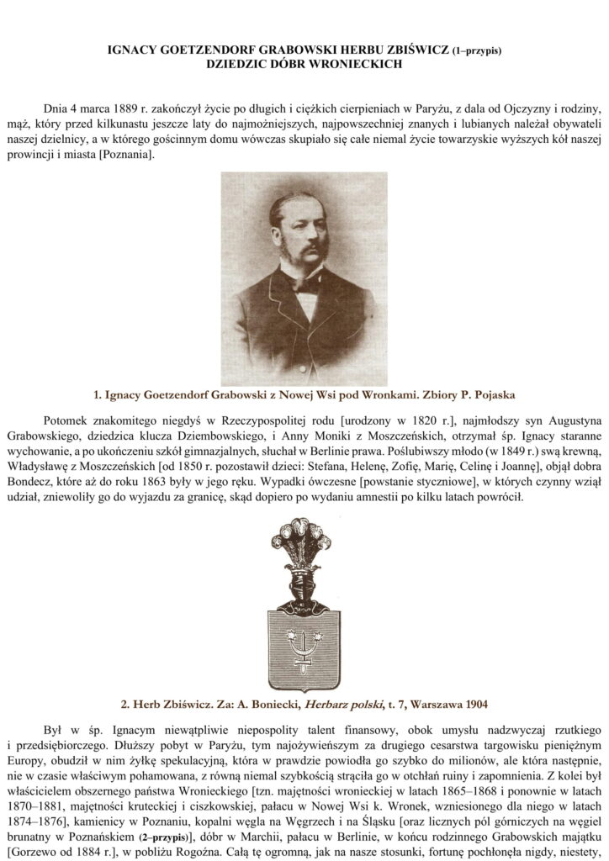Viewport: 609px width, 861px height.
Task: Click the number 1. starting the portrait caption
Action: pyautogui.click(x=98, y=393)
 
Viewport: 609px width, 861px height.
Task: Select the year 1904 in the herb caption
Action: pyautogui.click(x=471, y=701)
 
